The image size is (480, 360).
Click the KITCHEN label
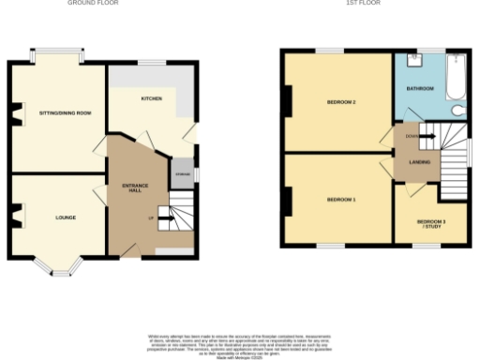pyautogui.click(x=152, y=97)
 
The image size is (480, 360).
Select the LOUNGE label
pyautogui.click(x=65, y=217)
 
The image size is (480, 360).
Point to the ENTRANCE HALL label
pyautogui.click(x=129, y=186)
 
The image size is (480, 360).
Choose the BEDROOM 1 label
pyautogui.click(x=340, y=200)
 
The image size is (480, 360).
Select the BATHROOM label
pyautogui.click(x=419, y=89)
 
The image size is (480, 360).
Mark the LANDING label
pyautogui.click(x=420, y=162)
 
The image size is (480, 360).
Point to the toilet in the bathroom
pyautogui.click(x=458, y=110)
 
